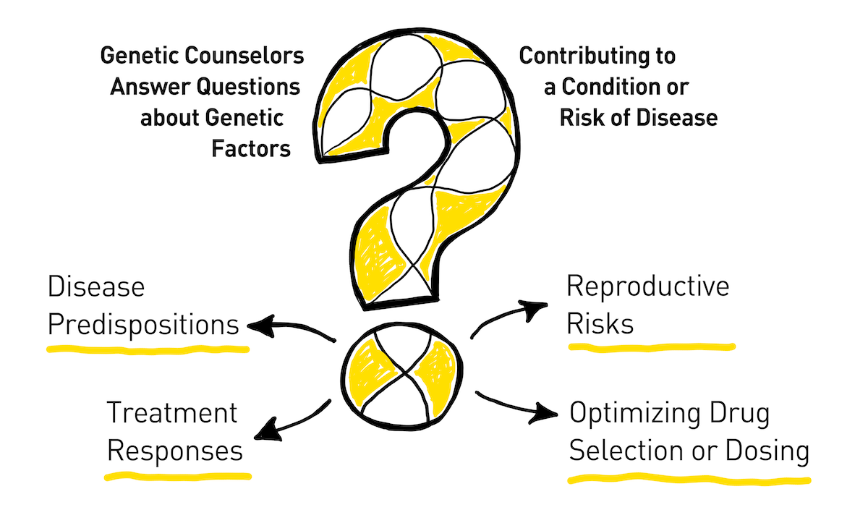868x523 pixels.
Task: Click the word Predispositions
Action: point(143,325)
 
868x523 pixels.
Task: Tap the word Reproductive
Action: point(648,286)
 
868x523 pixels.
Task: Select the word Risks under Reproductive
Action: point(600,324)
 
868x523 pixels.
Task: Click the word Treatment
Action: point(172,413)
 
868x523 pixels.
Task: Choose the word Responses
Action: point(175,451)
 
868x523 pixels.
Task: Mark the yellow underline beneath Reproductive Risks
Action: point(651,346)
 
